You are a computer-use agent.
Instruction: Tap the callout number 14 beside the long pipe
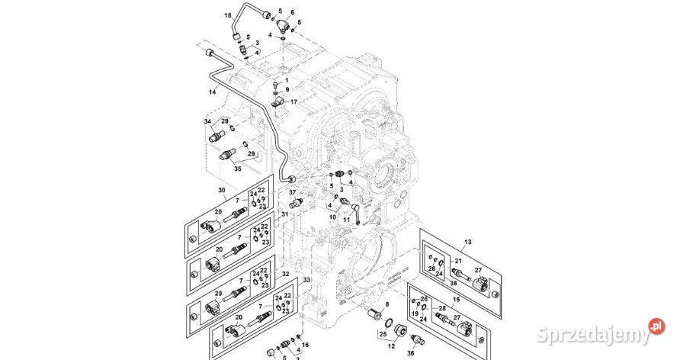[x=213, y=92]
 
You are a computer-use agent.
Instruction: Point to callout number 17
[x=293, y=102]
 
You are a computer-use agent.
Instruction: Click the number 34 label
[x=207, y=121]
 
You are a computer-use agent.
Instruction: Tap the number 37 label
[x=292, y=192]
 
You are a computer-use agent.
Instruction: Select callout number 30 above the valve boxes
[x=222, y=190]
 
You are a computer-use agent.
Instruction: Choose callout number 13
[x=468, y=241]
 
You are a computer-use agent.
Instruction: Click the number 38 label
[x=454, y=282]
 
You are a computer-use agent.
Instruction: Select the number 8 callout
[x=387, y=304]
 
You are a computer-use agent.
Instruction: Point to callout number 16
[x=306, y=345]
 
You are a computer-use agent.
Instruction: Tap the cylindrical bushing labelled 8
[x=374, y=315]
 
